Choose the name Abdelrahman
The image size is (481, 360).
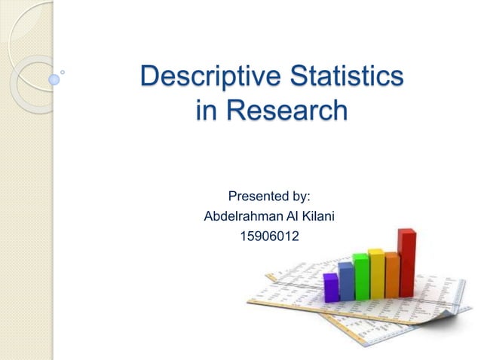click(242, 217)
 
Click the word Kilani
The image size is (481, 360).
click(316, 217)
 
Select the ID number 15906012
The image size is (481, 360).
click(269, 237)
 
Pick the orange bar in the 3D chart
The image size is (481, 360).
click(392, 275)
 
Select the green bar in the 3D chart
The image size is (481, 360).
click(361, 278)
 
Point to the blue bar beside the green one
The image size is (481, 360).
click(346, 281)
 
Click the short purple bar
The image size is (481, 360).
click(330, 287)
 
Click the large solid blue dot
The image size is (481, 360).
click(54, 78)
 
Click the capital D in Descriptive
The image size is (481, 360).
click(151, 78)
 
